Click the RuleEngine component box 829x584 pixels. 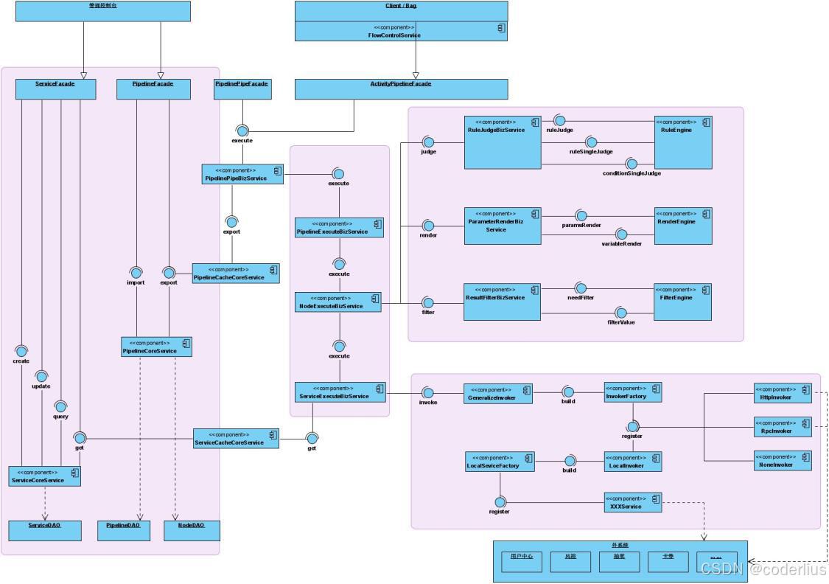pyautogui.click(x=683, y=142)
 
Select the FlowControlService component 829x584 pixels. pyautogui.click(x=401, y=31)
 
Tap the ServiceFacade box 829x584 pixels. pyautogui.click(x=55, y=88)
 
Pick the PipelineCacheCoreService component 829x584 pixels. pyautogui.click(x=236, y=274)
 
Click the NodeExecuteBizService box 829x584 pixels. pyautogui.click(x=338, y=302)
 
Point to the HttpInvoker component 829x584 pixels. pyautogui.click(x=782, y=393)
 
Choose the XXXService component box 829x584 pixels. pyautogui.click(x=632, y=503)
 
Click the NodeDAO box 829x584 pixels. pyautogui.click(x=192, y=530)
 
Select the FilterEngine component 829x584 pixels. pyautogui.click(x=682, y=302)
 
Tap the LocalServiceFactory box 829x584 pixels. pyautogui.click(x=500, y=462)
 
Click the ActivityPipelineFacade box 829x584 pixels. pyautogui.click(x=401, y=88)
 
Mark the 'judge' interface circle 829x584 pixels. pyautogui.click(x=428, y=142)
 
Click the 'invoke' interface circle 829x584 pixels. pyautogui.click(x=428, y=393)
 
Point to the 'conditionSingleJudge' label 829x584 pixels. pyautogui.click(x=632, y=173)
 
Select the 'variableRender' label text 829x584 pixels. pyautogui.click(x=621, y=243)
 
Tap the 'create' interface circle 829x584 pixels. pyautogui.click(x=21, y=351)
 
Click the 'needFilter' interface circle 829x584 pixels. pyautogui.click(x=581, y=288)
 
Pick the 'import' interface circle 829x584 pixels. pyautogui.click(x=136, y=273)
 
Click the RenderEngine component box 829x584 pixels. pyautogui.click(x=683, y=226)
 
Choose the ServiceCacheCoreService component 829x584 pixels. pyautogui.click(x=236, y=439)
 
